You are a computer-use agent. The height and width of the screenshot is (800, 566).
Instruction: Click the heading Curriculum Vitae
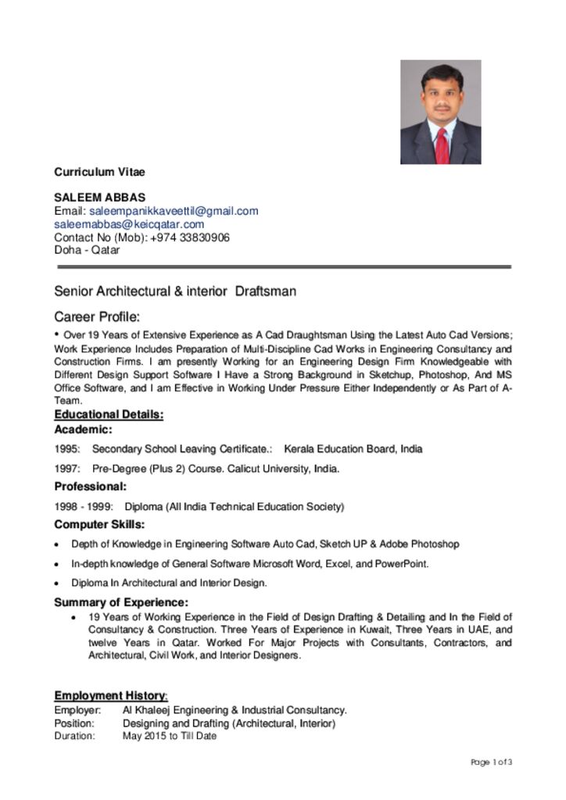(x=99, y=172)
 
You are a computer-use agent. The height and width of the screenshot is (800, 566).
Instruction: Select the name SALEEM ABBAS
(x=99, y=198)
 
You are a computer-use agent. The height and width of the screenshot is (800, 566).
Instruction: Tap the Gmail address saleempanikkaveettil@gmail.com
(x=174, y=211)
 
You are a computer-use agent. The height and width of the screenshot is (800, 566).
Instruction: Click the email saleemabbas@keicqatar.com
(x=129, y=224)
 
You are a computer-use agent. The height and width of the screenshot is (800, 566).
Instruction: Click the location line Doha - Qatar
(x=87, y=250)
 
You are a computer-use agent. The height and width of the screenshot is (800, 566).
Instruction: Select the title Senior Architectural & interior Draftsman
(x=175, y=291)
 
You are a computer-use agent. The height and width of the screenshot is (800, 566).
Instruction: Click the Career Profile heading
(x=97, y=317)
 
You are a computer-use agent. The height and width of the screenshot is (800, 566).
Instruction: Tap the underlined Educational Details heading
(x=109, y=414)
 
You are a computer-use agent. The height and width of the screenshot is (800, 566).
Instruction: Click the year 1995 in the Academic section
(x=66, y=448)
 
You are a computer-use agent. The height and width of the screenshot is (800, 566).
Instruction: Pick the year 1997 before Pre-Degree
(x=66, y=469)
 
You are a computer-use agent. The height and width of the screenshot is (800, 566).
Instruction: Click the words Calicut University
(x=268, y=469)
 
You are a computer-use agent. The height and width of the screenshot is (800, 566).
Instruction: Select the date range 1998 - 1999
(x=84, y=506)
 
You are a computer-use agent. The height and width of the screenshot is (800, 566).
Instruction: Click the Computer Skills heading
(x=99, y=524)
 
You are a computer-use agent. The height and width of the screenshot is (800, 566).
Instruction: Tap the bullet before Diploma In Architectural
(x=57, y=583)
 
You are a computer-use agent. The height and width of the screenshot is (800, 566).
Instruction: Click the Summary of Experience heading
(x=120, y=602)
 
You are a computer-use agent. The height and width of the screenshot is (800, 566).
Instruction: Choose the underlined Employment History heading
(x=110, y=695)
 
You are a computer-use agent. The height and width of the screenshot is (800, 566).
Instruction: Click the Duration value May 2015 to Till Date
(x=170, y=735)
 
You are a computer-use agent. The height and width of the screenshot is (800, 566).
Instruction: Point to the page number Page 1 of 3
(x=492, y=762)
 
